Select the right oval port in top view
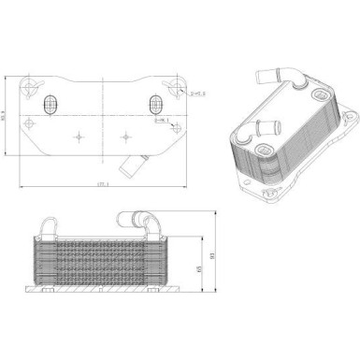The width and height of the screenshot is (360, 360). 152,105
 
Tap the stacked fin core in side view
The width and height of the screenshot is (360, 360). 104,261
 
